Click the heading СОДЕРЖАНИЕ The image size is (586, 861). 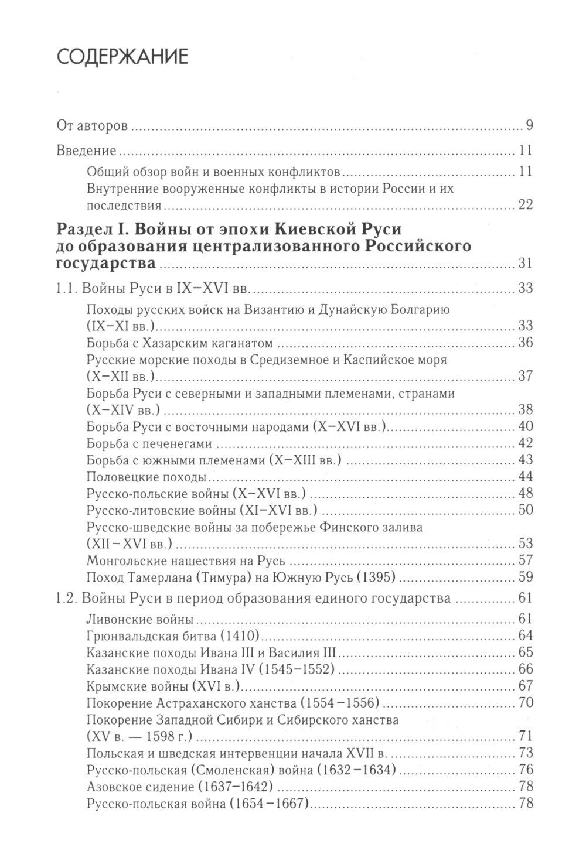coord(122,57)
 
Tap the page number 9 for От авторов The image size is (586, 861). coord(528,126)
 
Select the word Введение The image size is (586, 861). coord(86,151)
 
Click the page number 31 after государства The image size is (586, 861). coord(524,263)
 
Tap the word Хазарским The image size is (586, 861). coord(162,343)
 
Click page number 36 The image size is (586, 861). coord(524,343)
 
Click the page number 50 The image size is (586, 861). coord(524,510)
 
